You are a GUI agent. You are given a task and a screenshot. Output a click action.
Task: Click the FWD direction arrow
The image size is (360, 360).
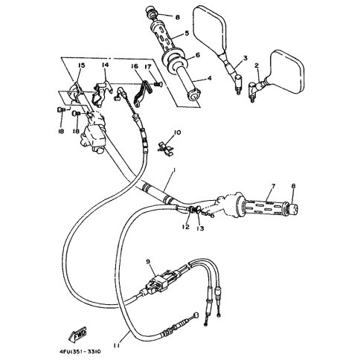78,335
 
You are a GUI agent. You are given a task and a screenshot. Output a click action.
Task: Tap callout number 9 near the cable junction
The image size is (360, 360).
148,263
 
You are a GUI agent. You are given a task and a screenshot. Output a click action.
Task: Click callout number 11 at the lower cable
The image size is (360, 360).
116,345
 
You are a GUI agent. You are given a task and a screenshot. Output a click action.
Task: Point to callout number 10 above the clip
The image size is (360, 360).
177,132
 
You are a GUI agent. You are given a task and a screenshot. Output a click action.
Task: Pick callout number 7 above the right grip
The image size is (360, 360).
273,186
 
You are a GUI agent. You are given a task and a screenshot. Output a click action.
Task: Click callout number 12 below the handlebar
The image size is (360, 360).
185,227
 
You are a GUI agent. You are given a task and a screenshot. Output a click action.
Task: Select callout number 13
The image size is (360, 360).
200,228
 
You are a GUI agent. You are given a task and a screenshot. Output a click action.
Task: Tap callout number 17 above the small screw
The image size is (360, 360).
148,67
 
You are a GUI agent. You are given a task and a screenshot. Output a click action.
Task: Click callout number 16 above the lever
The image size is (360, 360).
135,66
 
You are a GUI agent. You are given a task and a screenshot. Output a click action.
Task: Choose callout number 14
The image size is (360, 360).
105,65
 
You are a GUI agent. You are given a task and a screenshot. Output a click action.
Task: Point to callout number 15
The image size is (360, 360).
81,65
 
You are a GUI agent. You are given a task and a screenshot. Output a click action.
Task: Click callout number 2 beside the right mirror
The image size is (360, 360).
257,65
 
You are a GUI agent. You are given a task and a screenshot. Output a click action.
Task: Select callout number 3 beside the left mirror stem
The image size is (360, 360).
245,58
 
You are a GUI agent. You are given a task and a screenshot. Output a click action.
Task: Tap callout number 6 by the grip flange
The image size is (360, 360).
198,55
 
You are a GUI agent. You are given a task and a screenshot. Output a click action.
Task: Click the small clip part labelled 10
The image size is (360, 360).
166,148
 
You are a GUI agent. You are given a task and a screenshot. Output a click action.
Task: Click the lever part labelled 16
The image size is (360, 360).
143,92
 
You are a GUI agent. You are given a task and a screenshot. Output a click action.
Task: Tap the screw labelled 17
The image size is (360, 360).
158,85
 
